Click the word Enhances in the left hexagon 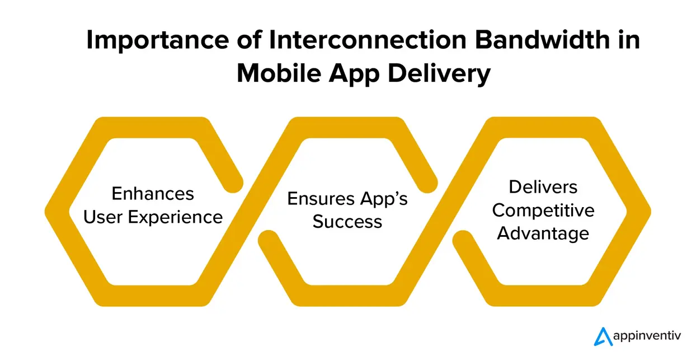click(x=153, y=194)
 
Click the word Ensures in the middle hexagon click(x=313, y=199)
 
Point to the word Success click(x=347, y=222)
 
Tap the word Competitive click(x=543, y=210)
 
